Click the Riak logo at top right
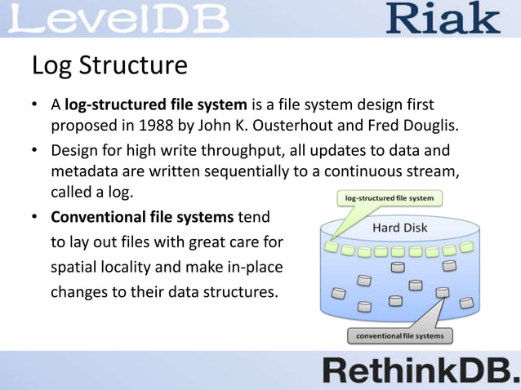point(443,18)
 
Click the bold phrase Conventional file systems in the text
point(143,218)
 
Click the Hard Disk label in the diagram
point(400,228)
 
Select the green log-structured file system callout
point(389,197)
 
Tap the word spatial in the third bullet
point(78,267)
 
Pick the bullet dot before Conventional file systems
point(36,219)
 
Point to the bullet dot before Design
point(36,152)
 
